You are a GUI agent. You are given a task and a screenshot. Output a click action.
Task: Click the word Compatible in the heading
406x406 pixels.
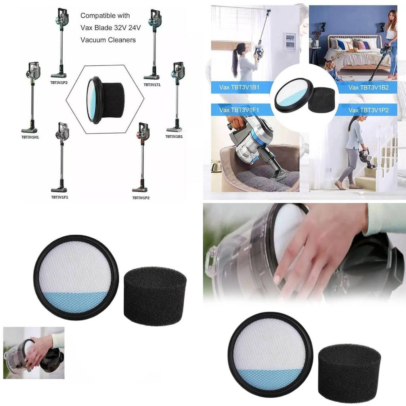tap(94, 15)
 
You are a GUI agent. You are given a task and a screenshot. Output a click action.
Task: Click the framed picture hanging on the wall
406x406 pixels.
tap(290, 41)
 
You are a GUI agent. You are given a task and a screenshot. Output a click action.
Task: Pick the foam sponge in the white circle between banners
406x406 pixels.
tap(321, 100)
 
